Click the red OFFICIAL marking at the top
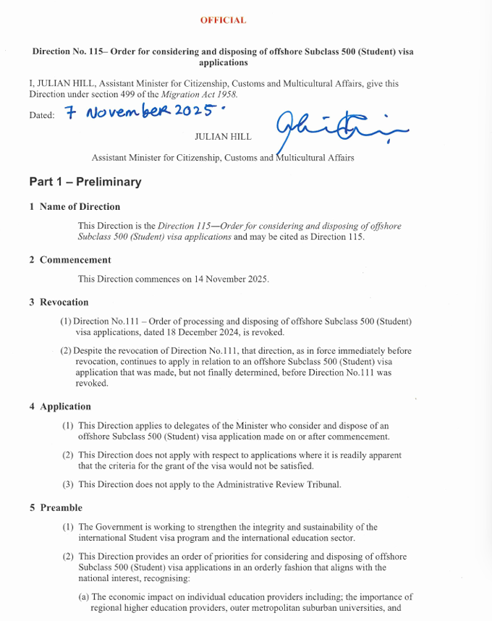click(223, 20)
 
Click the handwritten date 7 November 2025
click(142, 112)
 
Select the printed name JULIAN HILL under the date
click(223, 136)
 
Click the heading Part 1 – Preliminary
click(85, 182)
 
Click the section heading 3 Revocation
click(59, 302)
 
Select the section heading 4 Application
click(60, 406)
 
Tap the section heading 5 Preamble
click(56, 507)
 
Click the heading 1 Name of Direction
click(75, 207)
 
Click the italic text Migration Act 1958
click(200, 95)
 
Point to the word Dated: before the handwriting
click(42, 116)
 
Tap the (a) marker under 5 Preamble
click(84, 597)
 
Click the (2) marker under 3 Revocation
click(66, 351)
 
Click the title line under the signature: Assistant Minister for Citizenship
click(223, 158)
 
